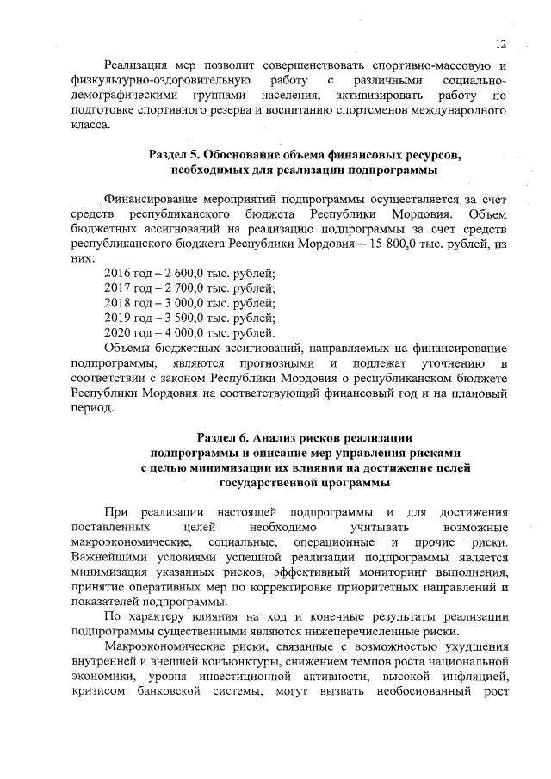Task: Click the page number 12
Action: (500, 45)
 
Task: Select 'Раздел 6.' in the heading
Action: (225, 437)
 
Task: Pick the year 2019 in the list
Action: (117, 318)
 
